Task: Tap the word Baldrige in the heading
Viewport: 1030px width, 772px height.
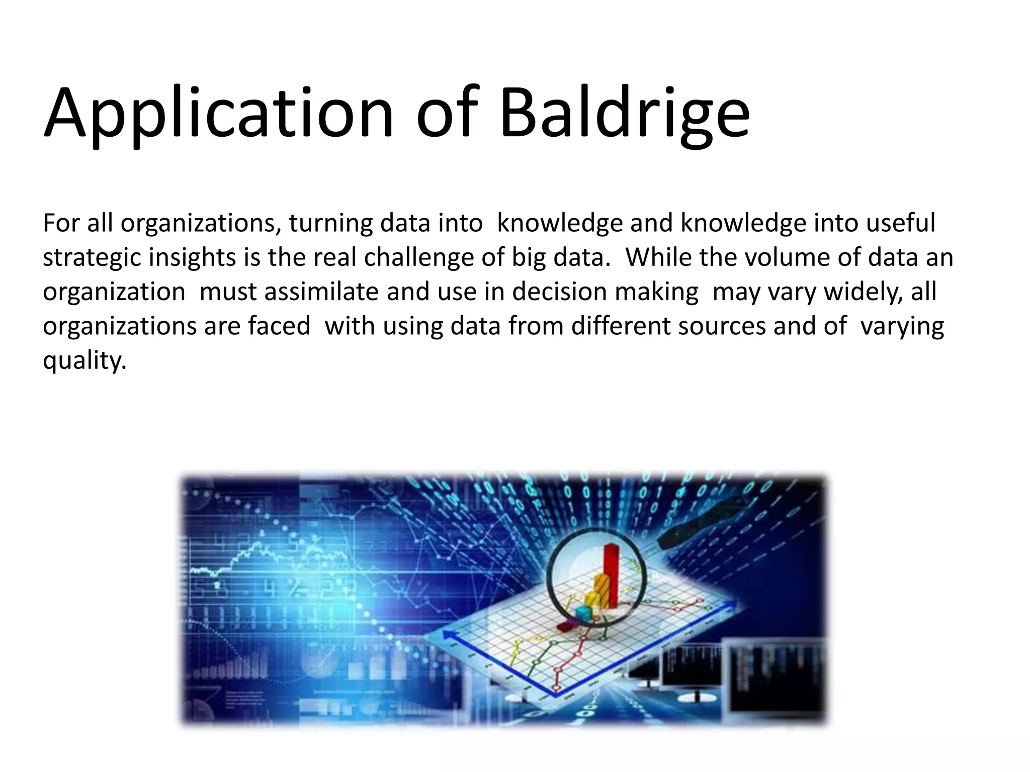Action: click(x=624, y=113)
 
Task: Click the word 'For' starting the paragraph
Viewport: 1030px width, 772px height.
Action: click(x=60, y=223)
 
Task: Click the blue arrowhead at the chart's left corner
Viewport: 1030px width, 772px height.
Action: click(x=447, y=635)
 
